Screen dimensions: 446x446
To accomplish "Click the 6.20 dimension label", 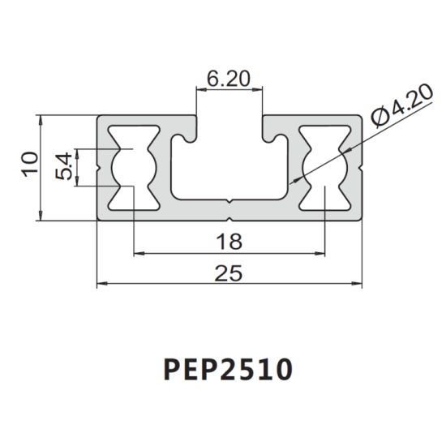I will coord(229,79).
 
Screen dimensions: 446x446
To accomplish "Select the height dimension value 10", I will coord(28,166).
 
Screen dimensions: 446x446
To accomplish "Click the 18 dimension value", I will coord(230,241).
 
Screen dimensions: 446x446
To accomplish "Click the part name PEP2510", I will coord(227,370).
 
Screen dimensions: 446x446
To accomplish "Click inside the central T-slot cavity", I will coord(229,174).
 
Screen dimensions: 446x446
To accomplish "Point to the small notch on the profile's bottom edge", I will coord(230,217).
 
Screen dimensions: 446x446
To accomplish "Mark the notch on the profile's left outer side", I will coord(99,167).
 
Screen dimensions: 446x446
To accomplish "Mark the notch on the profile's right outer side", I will coord(361,167).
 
